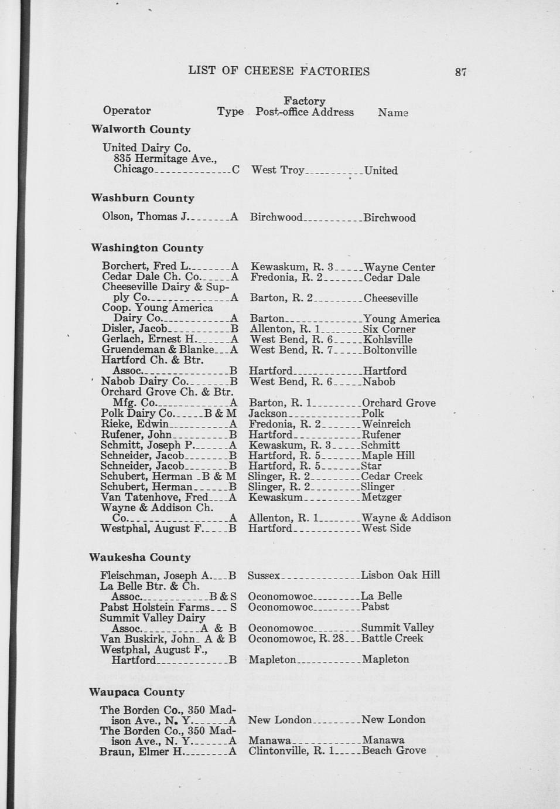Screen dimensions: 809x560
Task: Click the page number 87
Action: (x=460, y=72)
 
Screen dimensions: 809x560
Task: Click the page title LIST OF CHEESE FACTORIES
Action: (x=279, y=72)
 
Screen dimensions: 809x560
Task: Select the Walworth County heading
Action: (x=141, y=130)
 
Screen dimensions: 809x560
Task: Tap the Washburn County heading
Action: (x=142, y=198)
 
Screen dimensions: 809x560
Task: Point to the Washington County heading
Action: (x=147, y=248)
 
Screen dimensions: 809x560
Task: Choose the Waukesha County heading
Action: (x=139, y=558)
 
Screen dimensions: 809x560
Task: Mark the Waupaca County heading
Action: (x=136, y=692)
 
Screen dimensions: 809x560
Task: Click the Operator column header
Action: (x=127, y=111)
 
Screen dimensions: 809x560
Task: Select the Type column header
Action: (x=230, y=111)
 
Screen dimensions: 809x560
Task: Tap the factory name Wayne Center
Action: (x=399, y=267)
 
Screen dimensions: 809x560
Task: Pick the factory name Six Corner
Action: (x=389, y=329)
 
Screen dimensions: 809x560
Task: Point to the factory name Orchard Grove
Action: (x=398, y=403)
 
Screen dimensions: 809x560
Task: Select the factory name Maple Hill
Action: (x=388, y=456)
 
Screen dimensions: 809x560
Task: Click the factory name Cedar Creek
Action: (x=391, y=477)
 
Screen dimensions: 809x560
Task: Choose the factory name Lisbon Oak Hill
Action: (x=400, y=575)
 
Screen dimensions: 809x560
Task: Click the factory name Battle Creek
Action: (x=392, y=638)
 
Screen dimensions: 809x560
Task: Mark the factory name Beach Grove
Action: (x=393, y=750)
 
